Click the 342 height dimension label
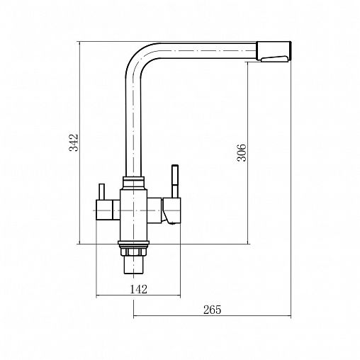[73, 142]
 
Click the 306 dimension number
[242, 152]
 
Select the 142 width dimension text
[138, 289]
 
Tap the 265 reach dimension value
[213, 310]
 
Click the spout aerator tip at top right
[274, 51]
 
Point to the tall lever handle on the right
[175, 181]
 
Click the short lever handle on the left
[101, 192]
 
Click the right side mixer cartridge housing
[171, 210]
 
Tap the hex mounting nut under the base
[133, 252]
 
